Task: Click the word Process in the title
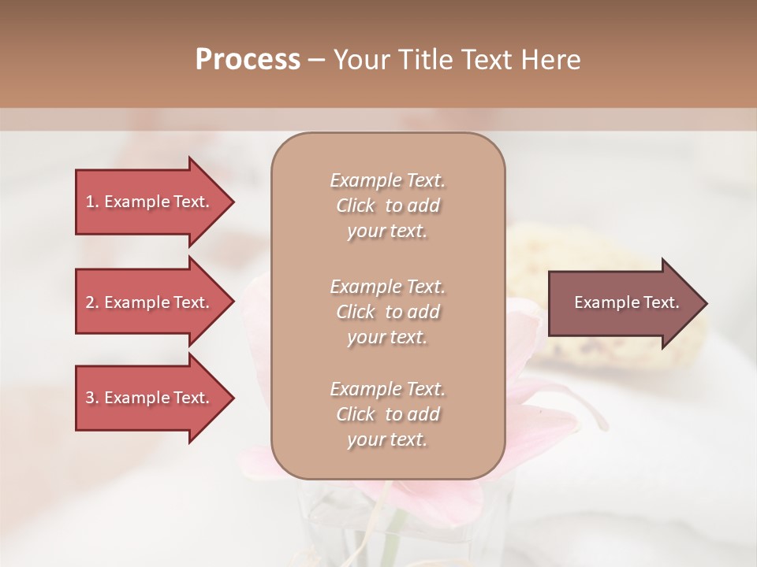(x=248, y=60)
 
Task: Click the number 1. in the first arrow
(x=91, y=202)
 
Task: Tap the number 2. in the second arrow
(x=91, y=302)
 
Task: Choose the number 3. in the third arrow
(x=91, y=398)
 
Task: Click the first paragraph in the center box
(x=387, y=206)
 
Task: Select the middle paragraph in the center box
(x=387, y=312)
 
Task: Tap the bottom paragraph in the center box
(x=387, y=414)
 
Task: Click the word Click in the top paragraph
(x=356, y=206)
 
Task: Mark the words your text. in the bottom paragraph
(x=387, y=439)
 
